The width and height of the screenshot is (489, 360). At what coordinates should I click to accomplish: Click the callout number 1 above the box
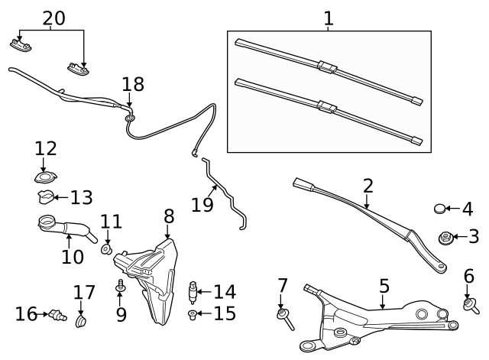pyautogui.click(x=329, y=18)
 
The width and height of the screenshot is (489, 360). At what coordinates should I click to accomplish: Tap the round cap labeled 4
pyautogui.click(x=440, y=209)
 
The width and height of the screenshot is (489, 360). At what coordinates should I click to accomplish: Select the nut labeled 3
pyautogui.click(x=444, y=238)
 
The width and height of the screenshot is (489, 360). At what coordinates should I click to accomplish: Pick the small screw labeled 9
pyautogui.click(x=120, y=287)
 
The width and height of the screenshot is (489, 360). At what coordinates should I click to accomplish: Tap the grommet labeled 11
pyautogui.click(x=107, y=249)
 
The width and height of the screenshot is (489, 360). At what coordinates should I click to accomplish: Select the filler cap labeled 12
pyautogui.click(x=45, y=177)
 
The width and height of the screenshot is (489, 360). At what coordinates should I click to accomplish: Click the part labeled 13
pyautogui.click(x=45, y=199)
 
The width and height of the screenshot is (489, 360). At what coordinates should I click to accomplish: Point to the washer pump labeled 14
pyautogui.click(x=193, y=292)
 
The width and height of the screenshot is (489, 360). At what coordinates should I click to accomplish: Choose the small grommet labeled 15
pyautogui.click(x=193, y=314)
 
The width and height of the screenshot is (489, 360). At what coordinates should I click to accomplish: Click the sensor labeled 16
pyautogui.click(x=55, y=314)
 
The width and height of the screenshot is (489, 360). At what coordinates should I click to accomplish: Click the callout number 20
pyautogui.click(x=53, y=18)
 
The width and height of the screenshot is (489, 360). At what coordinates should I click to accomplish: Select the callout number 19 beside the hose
pyautogui.click(x=202, y=204)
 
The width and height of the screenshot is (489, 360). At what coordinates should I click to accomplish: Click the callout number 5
pyautogui.click(x=384, y=286)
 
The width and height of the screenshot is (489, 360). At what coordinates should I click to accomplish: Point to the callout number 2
pyautogui.click(x=368, y=186)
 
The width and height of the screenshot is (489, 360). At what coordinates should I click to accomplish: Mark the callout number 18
pyautogui.click(x=132, y=85)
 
